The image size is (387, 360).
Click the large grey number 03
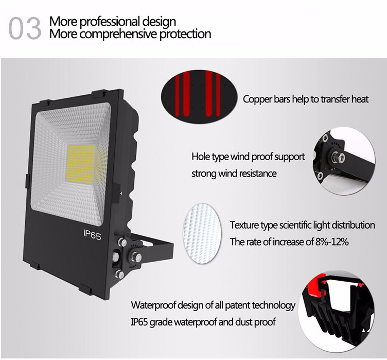(x=25, y=28)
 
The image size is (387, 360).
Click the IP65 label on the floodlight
(x=92, y=235)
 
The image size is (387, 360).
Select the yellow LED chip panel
(x=80, y=163)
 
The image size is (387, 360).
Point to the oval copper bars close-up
(x=199, y=94)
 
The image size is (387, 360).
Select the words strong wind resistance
(x=234, y=174)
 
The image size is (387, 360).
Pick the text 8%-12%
(x=332, y=242)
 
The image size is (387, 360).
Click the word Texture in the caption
(x=244, y=226)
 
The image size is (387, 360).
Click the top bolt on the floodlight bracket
(x=122, y=243)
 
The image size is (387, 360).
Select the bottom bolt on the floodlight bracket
(x=120, y=274)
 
